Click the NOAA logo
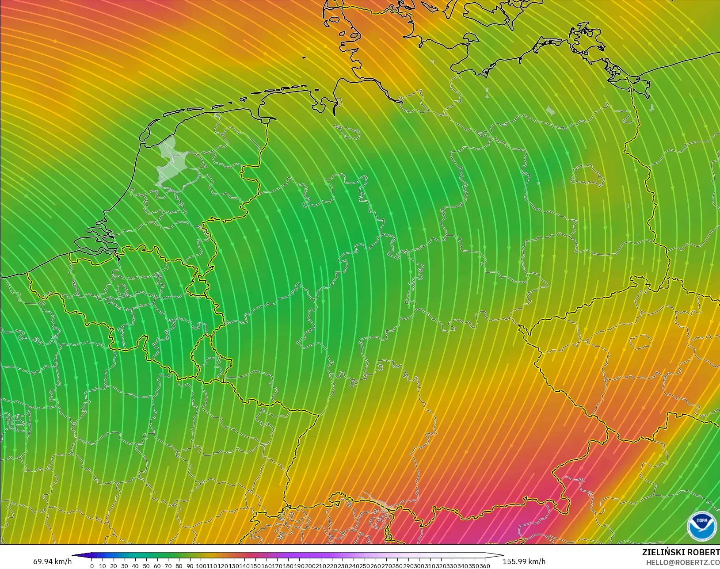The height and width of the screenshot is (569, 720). click(x=702, y=526)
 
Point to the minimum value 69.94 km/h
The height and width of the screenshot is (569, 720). click(x=52, y=561)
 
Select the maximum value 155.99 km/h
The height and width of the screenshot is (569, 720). click(x=524, y=561)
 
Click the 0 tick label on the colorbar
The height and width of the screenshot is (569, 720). click(x=92, y=566)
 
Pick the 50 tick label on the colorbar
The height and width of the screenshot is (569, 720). click(x=146, y=566)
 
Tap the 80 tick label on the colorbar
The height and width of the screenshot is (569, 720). click(x=179, y=566)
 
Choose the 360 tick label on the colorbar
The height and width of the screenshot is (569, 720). click(x=484, y=566)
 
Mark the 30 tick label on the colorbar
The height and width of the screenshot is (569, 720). click(x=124, y=566)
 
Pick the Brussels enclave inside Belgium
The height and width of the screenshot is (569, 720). click(x=122, y=290)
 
